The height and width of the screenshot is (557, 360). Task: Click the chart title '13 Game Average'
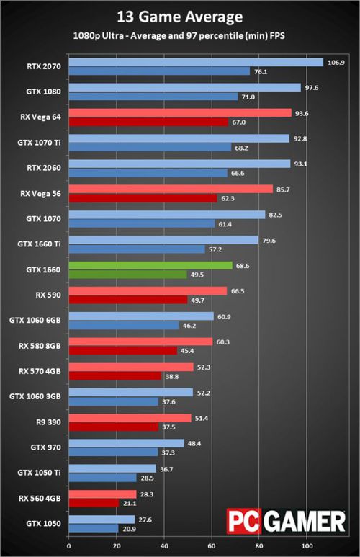coord(180,17)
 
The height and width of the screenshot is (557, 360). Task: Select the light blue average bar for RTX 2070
coord(196,63)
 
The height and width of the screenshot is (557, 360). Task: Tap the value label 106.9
coord(336,63)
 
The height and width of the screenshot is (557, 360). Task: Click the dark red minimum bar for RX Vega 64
coord(148,122)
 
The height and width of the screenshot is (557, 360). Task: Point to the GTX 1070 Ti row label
coord(39,143)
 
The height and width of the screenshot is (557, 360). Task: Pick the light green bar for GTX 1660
coord(150,265)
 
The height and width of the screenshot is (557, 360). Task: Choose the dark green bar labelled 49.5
coord(128,275)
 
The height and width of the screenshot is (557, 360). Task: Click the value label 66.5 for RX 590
coord(238,291)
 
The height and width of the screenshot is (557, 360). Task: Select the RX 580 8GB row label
coord(40,346)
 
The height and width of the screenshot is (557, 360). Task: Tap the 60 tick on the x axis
coord(212,545)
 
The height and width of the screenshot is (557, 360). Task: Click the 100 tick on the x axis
coord(307,545)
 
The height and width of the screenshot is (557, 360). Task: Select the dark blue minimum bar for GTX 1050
coord(94,529)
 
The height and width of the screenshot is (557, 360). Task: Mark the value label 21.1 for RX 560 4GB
coord(130,503)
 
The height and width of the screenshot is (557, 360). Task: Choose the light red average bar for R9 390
coord(130,418)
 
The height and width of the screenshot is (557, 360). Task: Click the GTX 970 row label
coord(46,447)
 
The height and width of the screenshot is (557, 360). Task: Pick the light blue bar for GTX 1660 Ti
coord(163,240)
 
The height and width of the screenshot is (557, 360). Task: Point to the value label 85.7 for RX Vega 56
coord(283,190)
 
